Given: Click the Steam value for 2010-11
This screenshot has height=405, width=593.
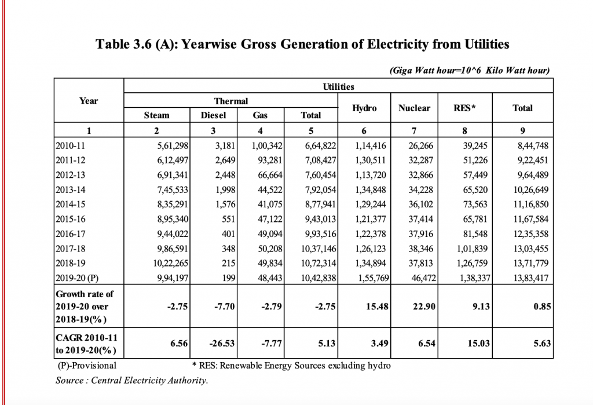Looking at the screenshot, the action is (x=173, y=146).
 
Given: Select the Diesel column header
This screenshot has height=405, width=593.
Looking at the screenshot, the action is (x=213, y=115).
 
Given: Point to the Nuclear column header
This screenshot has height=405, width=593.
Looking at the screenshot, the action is (x=414, y=108).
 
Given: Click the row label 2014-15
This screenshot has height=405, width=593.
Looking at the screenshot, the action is (x=70, y=205).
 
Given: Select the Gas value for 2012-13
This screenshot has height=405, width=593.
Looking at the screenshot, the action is (x=270, y=175).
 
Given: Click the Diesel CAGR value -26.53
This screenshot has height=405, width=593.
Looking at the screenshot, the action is (x=222, y=344).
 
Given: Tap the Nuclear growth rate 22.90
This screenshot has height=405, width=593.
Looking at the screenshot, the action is (x=424, y=306).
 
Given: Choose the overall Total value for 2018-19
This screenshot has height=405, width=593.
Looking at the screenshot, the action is (x=530, y=264).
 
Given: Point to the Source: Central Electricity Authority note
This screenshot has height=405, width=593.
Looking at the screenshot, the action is (x=131, y=381).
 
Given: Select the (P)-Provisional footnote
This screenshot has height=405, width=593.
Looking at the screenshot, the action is (x=87, y=366).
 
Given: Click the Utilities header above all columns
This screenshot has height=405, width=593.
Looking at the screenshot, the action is (x=338, y=87).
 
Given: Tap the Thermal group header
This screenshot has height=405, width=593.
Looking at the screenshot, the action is (x=231, y=101).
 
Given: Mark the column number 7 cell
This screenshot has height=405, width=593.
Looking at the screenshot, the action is (x=414, y=131).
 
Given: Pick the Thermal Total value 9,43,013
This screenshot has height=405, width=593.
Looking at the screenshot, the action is (x=321, y=219).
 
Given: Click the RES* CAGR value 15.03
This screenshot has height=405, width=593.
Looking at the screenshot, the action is (x=478, y=344).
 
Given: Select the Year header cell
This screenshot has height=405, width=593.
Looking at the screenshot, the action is (x=89, y=101).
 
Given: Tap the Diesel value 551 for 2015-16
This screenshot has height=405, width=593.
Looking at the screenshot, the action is (x=228, y=219).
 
